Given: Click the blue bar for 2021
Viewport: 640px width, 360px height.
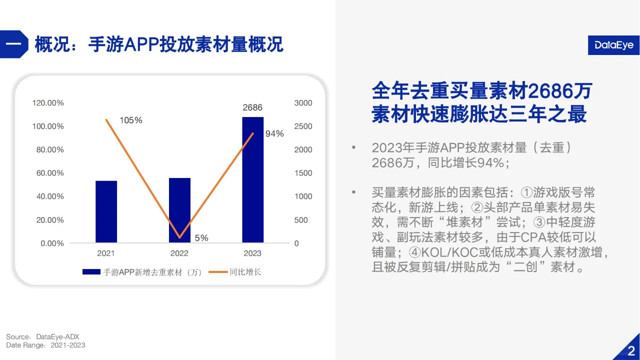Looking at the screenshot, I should point(106,212).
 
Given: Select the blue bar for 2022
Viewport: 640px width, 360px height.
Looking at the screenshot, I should point(179,210).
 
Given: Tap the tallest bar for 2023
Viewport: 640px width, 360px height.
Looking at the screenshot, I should point(252,180).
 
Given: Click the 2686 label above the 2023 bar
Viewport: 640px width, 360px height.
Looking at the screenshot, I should point(252,107).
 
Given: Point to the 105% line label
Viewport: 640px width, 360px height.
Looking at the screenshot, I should point(131,120).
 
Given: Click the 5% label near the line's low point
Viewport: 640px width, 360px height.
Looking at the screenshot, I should point(201,238).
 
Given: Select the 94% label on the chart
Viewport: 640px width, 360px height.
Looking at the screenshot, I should point(274,133).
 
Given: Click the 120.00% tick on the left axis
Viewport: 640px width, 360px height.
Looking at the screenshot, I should point(48,103).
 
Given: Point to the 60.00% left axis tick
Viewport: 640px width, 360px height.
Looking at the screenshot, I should point(48,173).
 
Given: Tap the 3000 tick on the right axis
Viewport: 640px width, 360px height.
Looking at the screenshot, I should point(303,103).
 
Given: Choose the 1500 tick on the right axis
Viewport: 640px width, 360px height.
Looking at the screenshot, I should point(303,173).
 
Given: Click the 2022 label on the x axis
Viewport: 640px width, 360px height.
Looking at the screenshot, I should point(179,253).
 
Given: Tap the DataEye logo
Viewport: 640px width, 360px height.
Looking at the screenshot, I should point(613,45).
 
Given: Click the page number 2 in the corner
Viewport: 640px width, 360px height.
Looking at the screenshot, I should point(631,350).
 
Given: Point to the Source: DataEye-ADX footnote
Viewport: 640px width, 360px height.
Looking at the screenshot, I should point(42,336).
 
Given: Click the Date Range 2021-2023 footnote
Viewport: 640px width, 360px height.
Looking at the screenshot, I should point(45,345).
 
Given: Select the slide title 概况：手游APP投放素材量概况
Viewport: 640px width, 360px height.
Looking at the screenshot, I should point(159,44).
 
